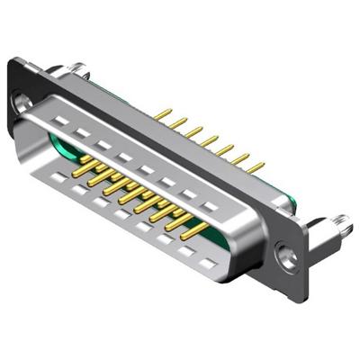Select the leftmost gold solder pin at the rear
[x=166, y=115]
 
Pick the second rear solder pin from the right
[x=241, y=157]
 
